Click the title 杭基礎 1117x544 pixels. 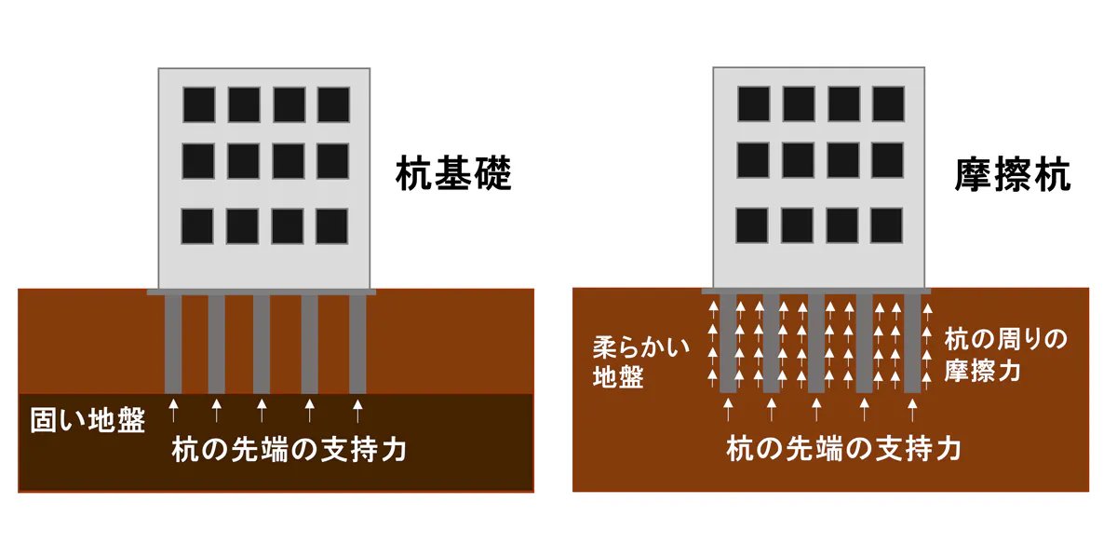pos(453,173)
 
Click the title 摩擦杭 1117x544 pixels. pos(1013,175)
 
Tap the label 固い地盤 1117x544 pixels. pos(87,420)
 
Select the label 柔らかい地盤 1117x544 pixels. pos(641,361)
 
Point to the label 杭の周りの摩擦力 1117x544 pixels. pos(1006,355)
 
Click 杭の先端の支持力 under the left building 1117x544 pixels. pos(289,449)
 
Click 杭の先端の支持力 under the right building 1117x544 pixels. pos(843,448)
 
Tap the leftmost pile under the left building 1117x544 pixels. pos(173,344)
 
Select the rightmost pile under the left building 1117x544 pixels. pos(357,344)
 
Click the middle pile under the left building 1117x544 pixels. pos(262,344)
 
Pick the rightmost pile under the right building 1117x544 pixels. pos(912,343)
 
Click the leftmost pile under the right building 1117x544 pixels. pos(728,343)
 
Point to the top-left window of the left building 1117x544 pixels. pos(199,105)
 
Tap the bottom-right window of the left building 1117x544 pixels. pos(332,226)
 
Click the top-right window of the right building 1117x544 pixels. pos(888,103)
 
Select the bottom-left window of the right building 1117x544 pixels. pos(752,225)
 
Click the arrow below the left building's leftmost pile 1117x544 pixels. pos(173,410)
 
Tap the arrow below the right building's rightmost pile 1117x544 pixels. pos(912,409)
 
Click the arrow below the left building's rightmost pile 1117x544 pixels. pos(357,410)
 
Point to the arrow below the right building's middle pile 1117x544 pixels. pos(816,409)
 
